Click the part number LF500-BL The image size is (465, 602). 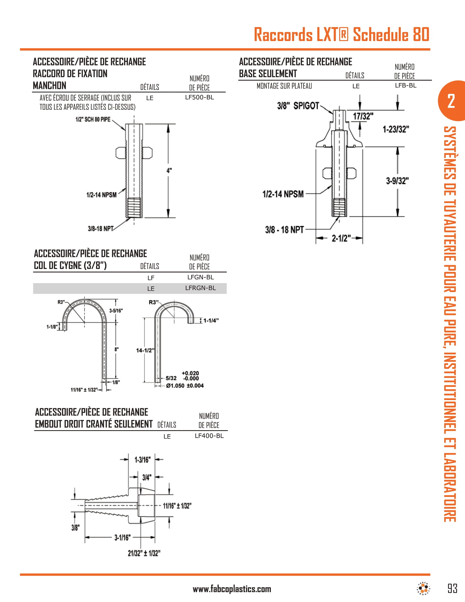click(x=199, y=97)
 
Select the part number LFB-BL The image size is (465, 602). click(x=405, y=85)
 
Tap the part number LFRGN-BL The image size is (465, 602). click(x=200, y=288)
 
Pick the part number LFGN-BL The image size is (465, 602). click(x=200, y=277)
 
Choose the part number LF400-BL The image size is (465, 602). click(x=209, y=436)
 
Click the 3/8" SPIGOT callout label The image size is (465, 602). click(x=298, y=106)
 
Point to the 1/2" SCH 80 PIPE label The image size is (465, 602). click(x=93, y=119)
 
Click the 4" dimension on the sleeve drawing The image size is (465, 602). click(x=169, y=171)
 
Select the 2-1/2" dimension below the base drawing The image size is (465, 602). click(x=341, y=238)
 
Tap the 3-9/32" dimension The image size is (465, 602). click(x=397, y=181)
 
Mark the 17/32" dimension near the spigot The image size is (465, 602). click(x=363, y=116)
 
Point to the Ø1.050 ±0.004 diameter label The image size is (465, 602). click(x=185, y=386)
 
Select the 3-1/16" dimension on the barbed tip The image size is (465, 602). click(x=122, y=537)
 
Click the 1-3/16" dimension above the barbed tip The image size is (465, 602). click(x=143, y=460)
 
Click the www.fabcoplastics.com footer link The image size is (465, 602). click(x=232, y=589)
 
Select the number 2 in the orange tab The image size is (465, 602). click(x=451, y=101)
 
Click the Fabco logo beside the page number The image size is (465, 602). click(x=423, y=588)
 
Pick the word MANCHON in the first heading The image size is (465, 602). click(x=50, y=86)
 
